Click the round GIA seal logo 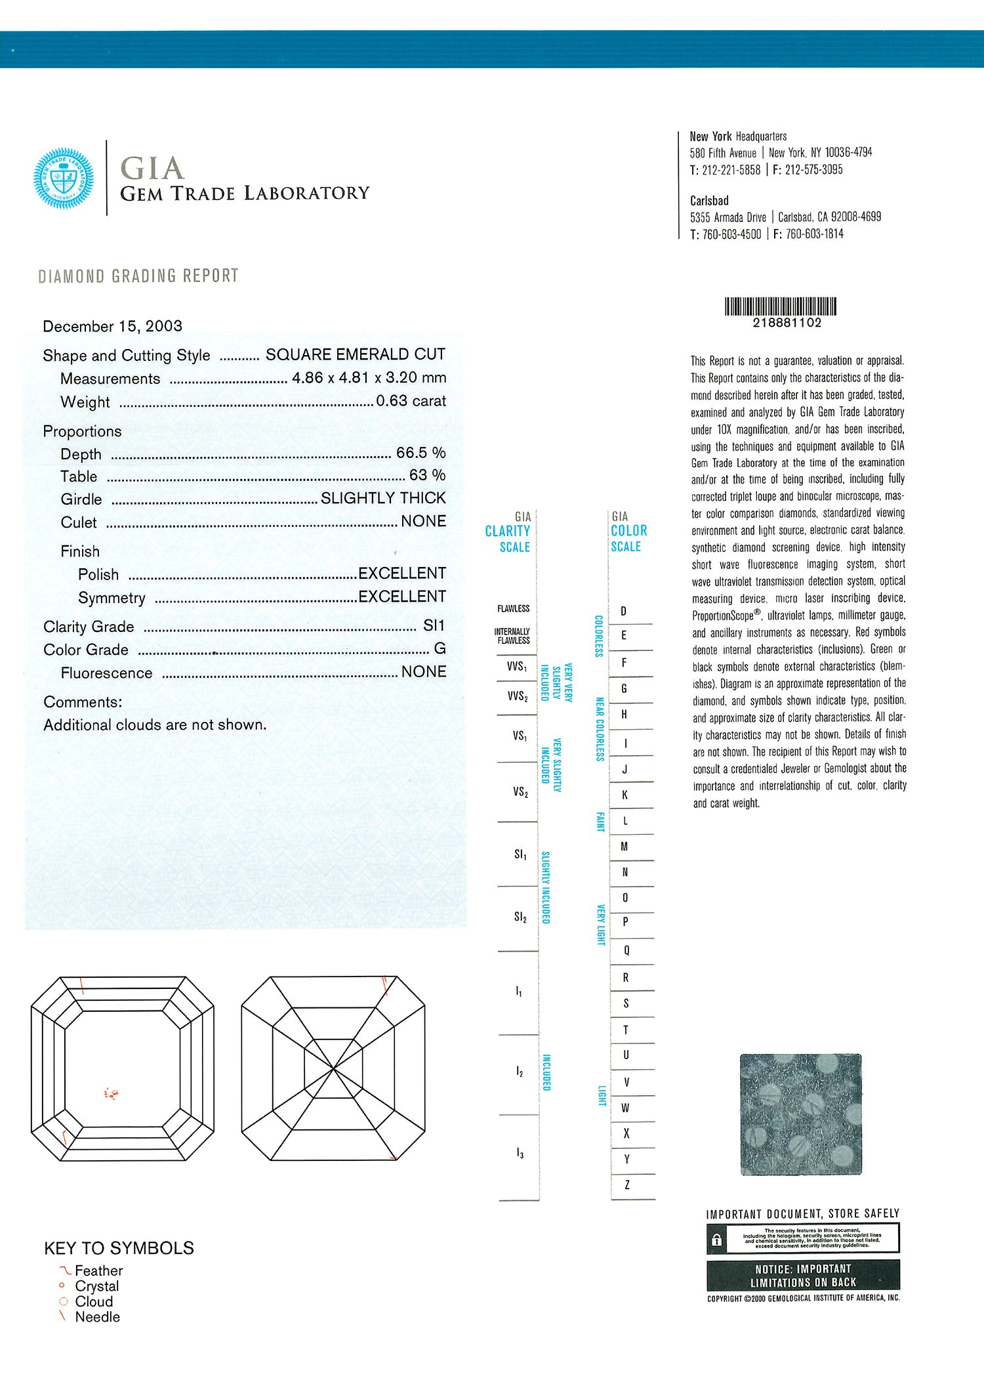64,178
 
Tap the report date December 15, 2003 112,326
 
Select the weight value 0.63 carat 411,401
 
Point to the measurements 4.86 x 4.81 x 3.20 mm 369,378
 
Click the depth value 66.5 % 420,453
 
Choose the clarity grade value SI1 434,626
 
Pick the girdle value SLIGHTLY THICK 383,498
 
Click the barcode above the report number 780,306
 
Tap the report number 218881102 787,323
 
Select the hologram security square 800,1114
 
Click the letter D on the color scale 623,612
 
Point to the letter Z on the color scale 627,1185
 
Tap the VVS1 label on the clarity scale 517,667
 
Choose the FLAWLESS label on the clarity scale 513,609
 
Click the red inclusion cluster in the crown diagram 112,1093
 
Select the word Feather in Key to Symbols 98,1271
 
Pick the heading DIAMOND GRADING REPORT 138,276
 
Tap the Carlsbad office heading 709,201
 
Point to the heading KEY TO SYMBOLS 119,1248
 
